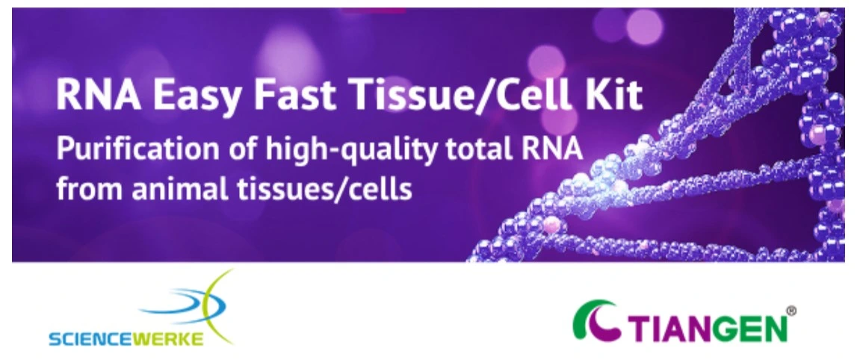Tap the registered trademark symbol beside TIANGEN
pyautogui.click(x=791, y=310)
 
